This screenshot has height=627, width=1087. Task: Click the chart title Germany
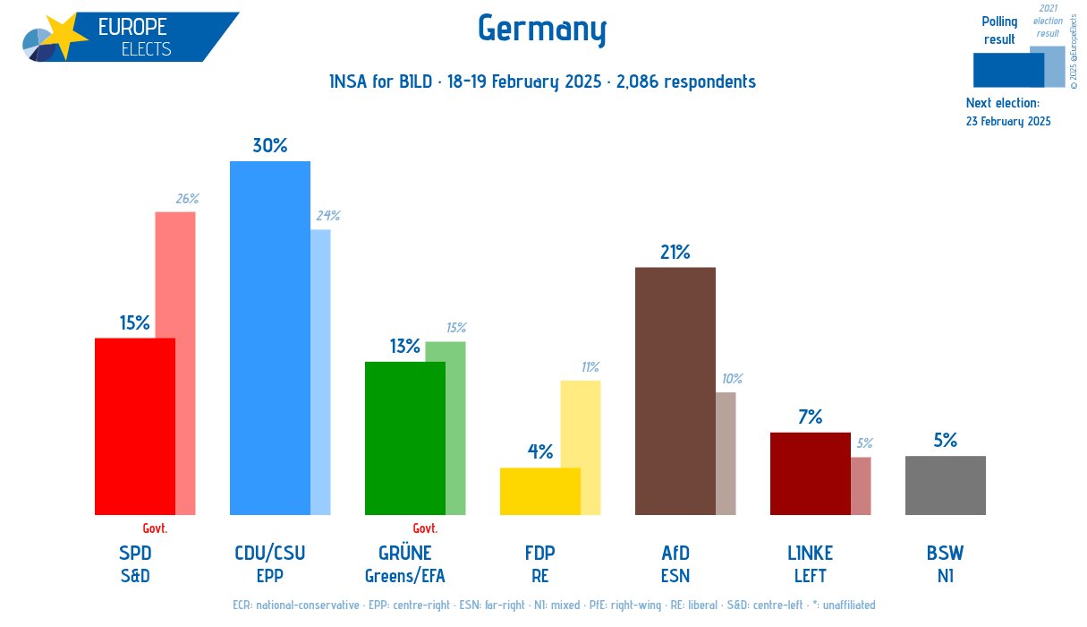pyautogui.click(x=542, y=29)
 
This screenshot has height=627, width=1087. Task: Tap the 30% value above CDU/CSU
pyautogui.click(x=269, y=145)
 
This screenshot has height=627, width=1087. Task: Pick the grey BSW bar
pyautogui.click(x=945, y=485)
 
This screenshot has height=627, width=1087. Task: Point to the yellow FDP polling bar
pyautogui.click(x=539, y=491)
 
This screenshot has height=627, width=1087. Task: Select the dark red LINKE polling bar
pyautogui.click(x=810, y=474)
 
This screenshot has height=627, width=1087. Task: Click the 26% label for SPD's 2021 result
pyautogui.click(x=187, y=199)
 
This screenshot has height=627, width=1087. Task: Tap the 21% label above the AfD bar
pyautogui.click(x=675, y=253)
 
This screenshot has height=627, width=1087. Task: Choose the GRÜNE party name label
pyautogui.click(x=404, y=553)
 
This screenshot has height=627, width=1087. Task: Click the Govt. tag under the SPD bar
pyautogui.click(x=155, y=528)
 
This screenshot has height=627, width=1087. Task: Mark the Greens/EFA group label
pyautogui.click(x=404, y=576)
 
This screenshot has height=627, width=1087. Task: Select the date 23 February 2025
pyautogui.click(x=1008, y=122)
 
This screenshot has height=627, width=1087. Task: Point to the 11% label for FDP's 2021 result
pyautogui.click(x=590, y=367)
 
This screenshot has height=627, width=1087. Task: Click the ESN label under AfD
pyautogui.click(x=675, y=576)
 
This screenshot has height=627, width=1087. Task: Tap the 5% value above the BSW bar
pyautogui.click(x=945, y=440)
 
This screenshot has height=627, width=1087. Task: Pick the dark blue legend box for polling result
pyautogui.click(x=1007, y=70)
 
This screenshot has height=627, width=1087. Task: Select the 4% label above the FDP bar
pyautogui.click(x=539, y=452)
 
